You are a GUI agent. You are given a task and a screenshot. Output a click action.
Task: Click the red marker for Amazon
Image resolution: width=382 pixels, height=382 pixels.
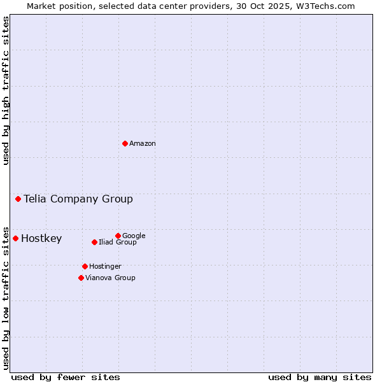click(x=125, y=143)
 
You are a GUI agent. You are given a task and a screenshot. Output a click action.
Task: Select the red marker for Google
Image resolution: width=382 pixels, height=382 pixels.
click(x=118, y=236)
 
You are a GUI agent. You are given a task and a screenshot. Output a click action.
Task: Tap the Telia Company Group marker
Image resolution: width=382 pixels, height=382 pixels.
click(x=18, y=199)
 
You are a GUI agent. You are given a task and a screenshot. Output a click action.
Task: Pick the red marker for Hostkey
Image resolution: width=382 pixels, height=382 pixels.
click(x=15, y=238)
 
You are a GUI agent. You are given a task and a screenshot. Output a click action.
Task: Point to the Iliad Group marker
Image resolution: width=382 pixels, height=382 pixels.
click(x=94, y=242)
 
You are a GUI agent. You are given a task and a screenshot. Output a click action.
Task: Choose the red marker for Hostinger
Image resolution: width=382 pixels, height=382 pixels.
click(x=85, y=266)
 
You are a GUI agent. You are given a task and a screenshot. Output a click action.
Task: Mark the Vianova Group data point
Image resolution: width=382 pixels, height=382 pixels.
click(x=81, y=278)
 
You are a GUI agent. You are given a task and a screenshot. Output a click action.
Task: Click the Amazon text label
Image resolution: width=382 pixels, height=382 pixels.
click(x=143, y=144)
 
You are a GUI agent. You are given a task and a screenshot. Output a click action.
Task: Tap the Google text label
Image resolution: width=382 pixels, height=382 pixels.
click(x=134, y=236)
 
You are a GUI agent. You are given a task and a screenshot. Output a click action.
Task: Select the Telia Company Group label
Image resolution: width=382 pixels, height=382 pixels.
click(x=78, y=199)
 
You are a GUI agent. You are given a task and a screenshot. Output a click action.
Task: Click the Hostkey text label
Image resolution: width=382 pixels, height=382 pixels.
click(x=41, y=239)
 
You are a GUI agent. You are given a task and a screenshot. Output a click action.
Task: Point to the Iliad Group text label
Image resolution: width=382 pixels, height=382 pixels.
click(x=118, y=242)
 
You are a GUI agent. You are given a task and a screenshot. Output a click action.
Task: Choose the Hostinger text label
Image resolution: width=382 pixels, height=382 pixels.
click(x=105, y=266)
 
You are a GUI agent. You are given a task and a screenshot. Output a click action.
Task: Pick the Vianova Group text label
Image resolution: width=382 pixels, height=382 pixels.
click(x=110, y=278)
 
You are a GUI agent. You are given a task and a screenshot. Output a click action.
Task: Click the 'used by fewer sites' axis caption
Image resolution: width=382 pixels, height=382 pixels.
click(x=66, y=377)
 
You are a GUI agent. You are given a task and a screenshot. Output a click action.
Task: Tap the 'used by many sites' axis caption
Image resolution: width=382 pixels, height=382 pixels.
click(x=320, y=377)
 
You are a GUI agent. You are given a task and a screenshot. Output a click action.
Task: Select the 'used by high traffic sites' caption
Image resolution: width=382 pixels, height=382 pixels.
click(x=6, y=90)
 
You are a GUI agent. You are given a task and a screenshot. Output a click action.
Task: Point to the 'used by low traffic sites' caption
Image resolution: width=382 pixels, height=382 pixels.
click(x=6, y=297)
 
